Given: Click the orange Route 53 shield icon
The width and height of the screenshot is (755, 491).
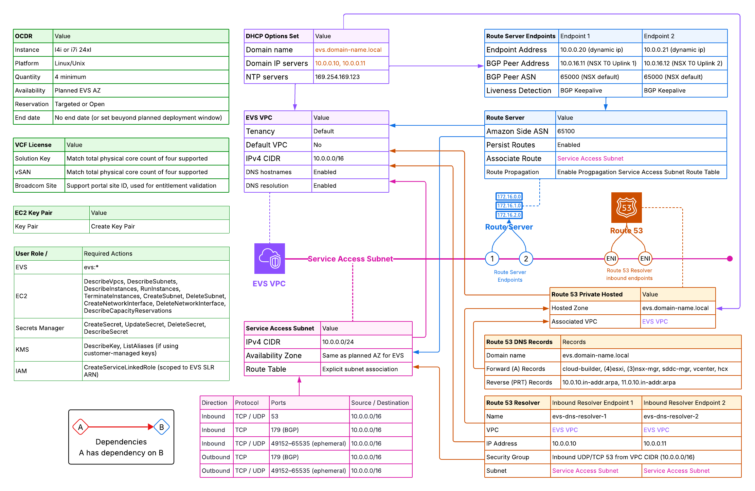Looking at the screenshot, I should point(626,208).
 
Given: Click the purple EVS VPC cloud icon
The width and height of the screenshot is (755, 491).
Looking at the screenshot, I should point(269,258).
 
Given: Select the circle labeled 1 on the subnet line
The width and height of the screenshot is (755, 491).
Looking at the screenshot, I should point(492,259).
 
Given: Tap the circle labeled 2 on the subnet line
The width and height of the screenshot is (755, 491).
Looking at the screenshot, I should point(526,259).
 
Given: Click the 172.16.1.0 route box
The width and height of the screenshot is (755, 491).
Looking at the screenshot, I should point(509,206).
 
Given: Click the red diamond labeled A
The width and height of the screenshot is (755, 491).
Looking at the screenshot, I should point(80,427).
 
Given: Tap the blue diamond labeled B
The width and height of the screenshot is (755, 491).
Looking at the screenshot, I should point(162,427).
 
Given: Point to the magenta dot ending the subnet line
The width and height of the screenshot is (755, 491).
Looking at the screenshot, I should point(730,259).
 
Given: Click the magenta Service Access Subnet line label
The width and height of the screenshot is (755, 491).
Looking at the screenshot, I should point(350,259).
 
